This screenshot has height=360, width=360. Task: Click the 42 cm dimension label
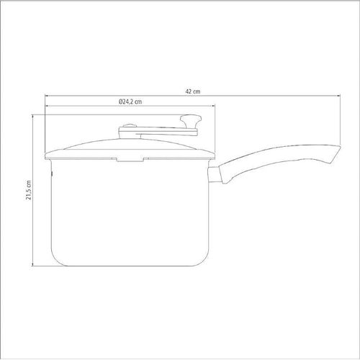click(x=193, y=91)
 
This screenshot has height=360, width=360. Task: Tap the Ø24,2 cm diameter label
click(x=130, y=102)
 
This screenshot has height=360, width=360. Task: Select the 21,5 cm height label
click(x=29, y=190)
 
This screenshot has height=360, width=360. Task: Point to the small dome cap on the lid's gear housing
click(x=130, y=126)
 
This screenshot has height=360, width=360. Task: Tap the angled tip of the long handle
click(x=336, y=154)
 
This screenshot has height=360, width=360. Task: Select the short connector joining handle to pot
click(x=215, y=174)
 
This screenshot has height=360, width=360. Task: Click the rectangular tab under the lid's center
click(x=130, y=159)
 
